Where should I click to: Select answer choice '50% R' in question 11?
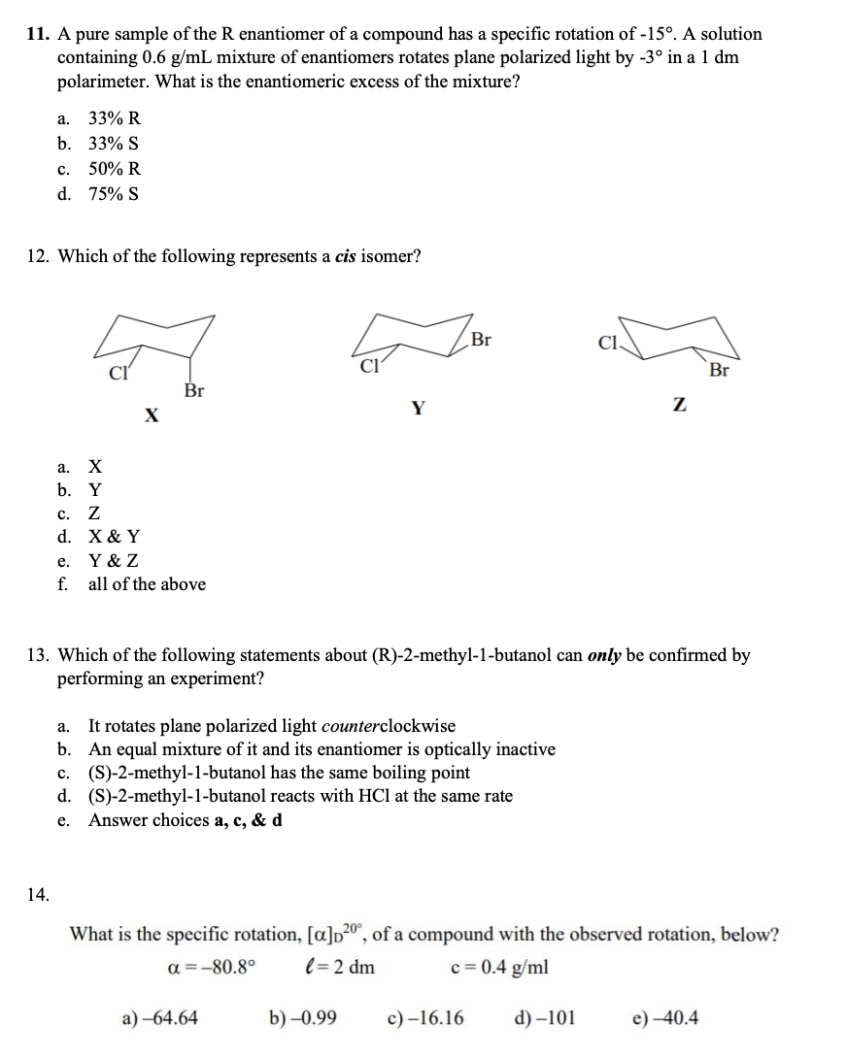coord(114,168)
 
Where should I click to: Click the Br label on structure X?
coord(194,390)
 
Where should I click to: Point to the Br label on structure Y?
coord(480,341)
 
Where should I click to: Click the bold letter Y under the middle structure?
coord(417,409)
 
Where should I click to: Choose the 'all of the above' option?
coord(147,584)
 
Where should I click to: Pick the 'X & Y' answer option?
coord(114,536)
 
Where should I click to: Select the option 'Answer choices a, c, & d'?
coord(186,820)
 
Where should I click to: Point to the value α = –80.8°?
coord(212,968)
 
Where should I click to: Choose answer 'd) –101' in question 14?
coord(543,1018)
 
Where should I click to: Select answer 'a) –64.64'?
coord(160,1018)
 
